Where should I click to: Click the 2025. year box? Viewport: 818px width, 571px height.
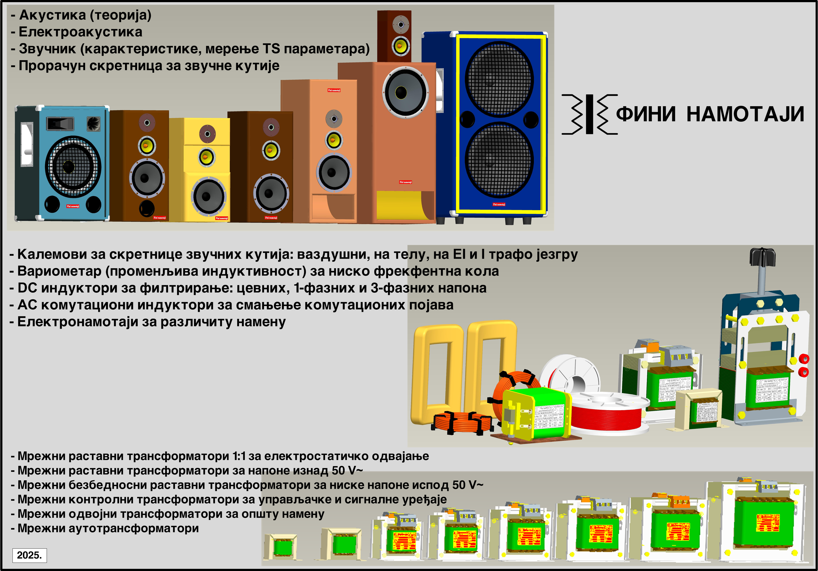coord(30,555)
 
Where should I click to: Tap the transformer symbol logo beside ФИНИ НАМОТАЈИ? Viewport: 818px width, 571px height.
coord(589,114)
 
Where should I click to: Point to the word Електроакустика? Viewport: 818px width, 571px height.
coord(81,32)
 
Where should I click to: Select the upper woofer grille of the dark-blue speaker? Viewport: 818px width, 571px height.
coord(499,79)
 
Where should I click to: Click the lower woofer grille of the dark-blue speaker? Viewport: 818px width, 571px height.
coord(499,159)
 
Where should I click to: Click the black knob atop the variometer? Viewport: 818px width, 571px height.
coord(762,256)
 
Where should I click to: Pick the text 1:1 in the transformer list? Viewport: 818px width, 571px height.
coord(239,456)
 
